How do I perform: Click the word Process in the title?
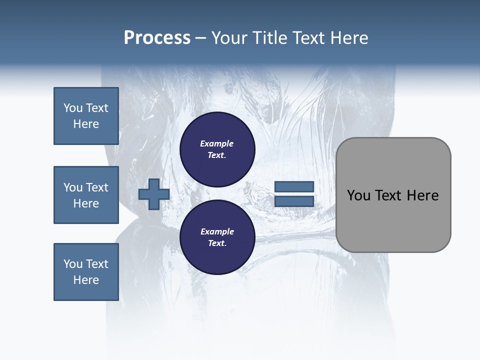(x=157, y=38)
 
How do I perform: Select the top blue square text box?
(x=86, y=116)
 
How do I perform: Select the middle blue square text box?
(x=86, y=195)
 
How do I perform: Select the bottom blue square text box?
(x=86, y=272)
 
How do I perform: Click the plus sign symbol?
(x=153, y=194)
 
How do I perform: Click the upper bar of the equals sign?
(x=294, y=186)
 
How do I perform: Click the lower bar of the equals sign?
(x=294, y=201)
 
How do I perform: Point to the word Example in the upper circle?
(x=217, y=143)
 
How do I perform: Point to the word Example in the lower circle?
(x=217, y=231)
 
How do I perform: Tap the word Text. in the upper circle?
(x=217, y=155)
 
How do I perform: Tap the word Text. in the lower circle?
(x=217, y=243)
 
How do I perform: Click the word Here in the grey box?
(x=422, y=195)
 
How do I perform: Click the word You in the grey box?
(x=358, y=195)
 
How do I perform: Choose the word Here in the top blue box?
(x=86, y=124)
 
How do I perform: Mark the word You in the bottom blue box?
(x=73, y=264)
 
